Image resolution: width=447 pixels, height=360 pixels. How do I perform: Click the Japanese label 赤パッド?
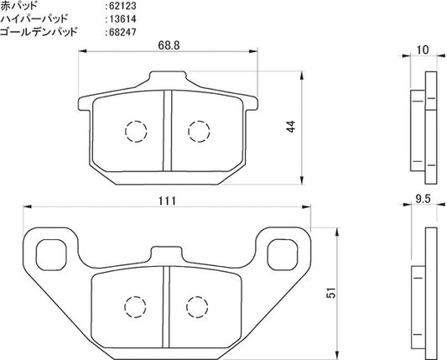pos(18,5)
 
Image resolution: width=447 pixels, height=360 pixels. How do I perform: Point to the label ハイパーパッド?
pos(34,18)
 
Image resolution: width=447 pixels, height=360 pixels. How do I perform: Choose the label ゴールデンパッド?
pos(39,32)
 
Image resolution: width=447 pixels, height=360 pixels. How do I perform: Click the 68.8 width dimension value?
pos(169,45)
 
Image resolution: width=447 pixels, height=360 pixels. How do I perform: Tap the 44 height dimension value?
pos(291,127)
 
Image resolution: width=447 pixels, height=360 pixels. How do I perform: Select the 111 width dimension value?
pos(168,201)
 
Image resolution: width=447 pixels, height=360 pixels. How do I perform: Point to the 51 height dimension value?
pos(331,293)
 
